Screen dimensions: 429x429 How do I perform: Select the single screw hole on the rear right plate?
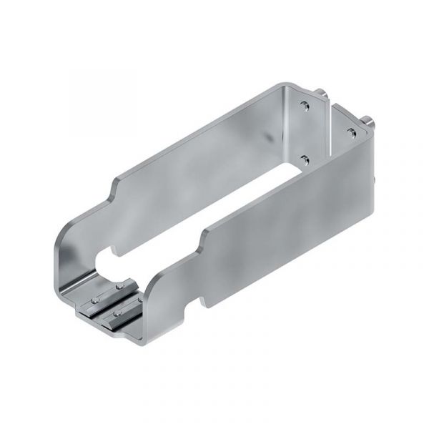tap(351, 132)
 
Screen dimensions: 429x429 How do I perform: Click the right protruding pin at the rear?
tap(370, 120)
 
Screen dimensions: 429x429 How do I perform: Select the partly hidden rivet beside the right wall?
tap(137, 300)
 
